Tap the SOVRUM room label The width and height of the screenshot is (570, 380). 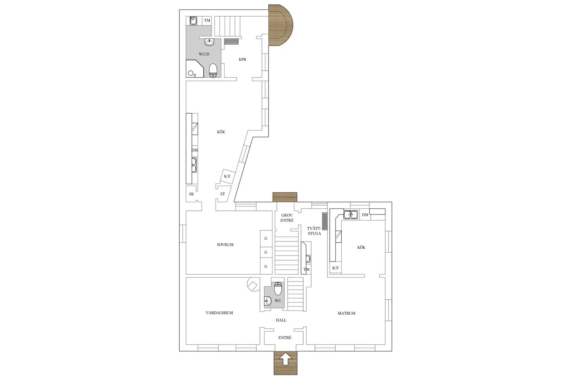point(225,245)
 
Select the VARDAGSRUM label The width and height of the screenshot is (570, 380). point(219,313)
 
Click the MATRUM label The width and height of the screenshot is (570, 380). point(346,313)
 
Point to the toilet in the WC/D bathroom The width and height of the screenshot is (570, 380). point(213,70)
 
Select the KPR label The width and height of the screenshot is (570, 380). point(243,59)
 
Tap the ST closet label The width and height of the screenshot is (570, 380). point(222,194)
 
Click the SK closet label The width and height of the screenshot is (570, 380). point(191,194)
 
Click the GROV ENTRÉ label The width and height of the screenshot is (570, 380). point(287,218)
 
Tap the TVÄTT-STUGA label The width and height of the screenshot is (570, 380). point(314,231)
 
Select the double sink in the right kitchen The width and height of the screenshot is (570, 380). point(351,215)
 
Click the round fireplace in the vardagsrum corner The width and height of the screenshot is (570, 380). point(253,285)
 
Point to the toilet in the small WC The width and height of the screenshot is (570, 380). point(278,288)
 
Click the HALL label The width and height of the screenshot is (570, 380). point(281,320)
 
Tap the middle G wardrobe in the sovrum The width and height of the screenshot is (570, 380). point(266,252)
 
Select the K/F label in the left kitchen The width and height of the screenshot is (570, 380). point(227,177)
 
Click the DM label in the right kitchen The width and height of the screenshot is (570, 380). point(365,215)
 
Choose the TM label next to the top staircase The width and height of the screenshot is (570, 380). point(207,21)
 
